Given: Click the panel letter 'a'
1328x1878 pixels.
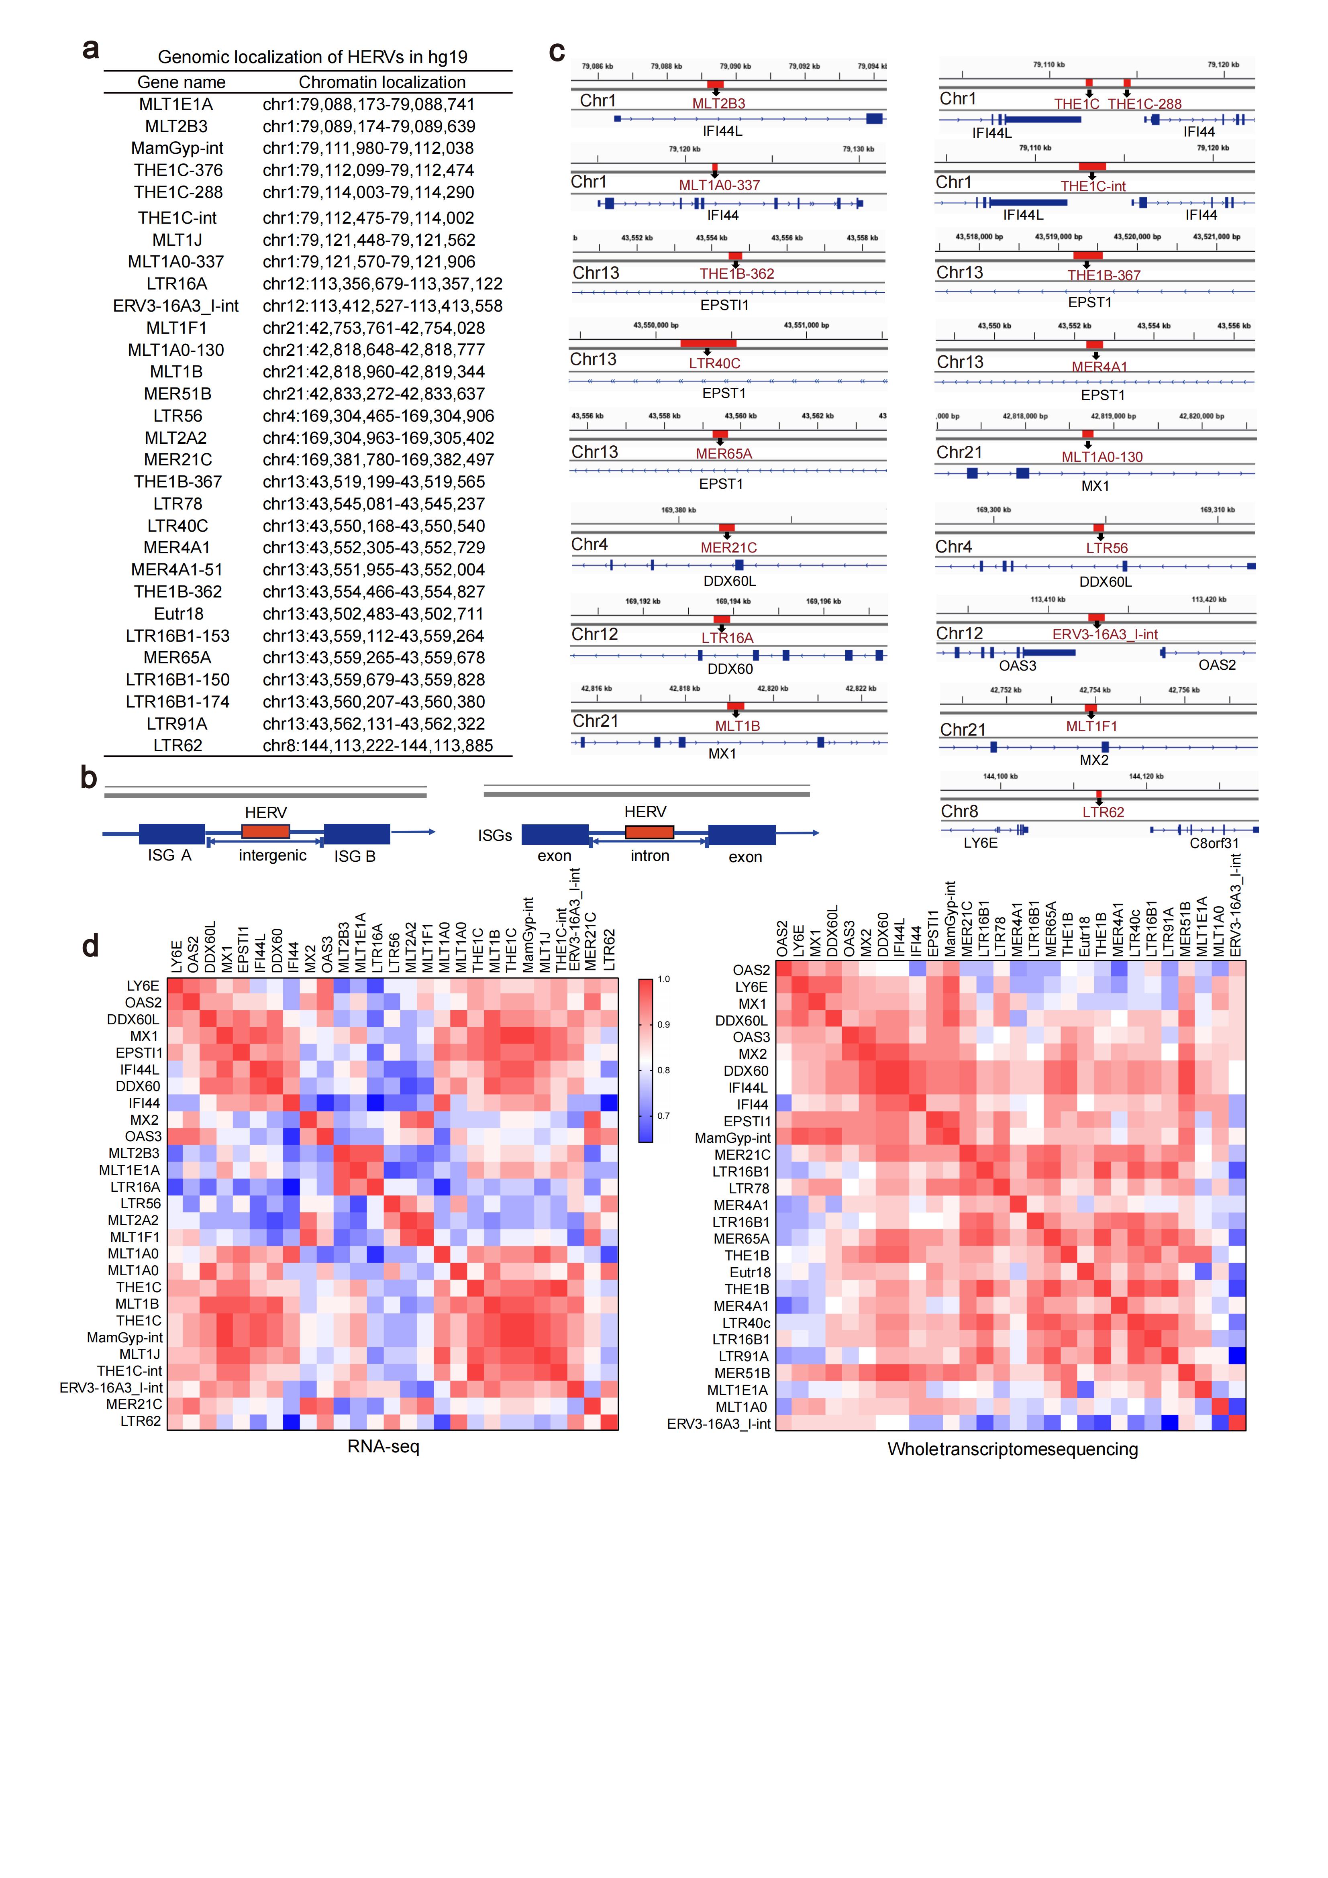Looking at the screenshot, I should point(91,49).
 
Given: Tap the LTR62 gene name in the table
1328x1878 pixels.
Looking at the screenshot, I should point(177,745).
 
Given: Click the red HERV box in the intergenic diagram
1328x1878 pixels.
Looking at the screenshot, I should point(266,831).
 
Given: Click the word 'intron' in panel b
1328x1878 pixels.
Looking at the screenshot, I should point(650,856).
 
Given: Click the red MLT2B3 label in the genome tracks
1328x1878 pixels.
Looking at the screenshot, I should point(718,103).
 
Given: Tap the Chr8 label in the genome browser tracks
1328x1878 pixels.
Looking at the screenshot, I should point(959,812).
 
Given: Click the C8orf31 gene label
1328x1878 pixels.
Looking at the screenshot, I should point(1214,843).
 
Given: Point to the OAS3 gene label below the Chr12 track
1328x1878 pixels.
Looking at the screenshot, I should point(1017,665).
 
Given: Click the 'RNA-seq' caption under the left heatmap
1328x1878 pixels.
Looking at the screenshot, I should point(383,1446).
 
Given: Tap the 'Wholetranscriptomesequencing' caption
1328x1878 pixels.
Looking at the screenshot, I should point(1012,1450).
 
